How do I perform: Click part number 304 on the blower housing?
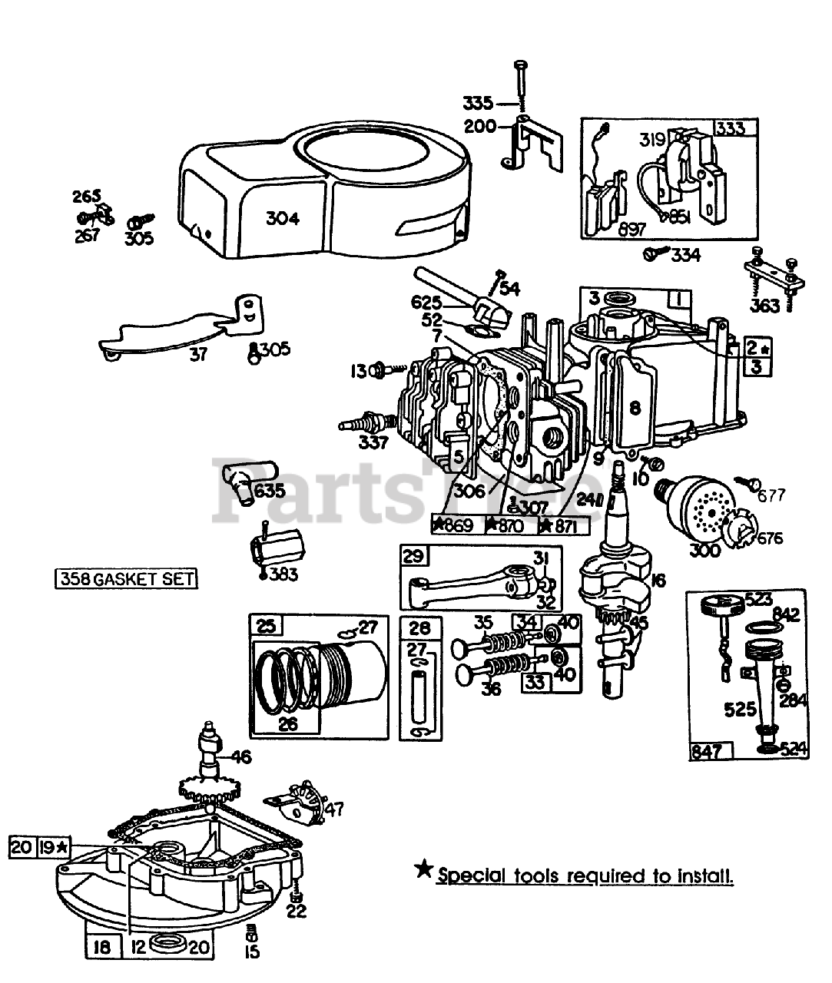click(282, 218)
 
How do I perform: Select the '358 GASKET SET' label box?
click(125, 578)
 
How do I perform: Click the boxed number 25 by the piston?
click(266, 627)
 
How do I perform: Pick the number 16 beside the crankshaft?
click(658, 580)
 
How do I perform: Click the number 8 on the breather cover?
click(635, 408)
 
